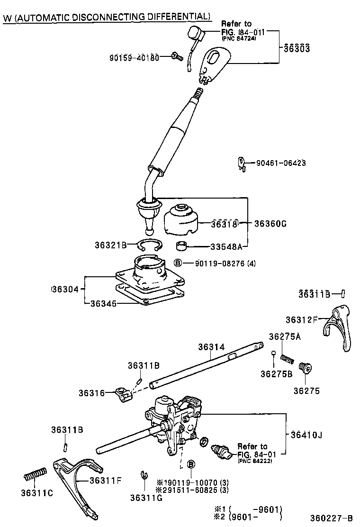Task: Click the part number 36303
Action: [297, 48]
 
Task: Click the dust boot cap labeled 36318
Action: [180, 219]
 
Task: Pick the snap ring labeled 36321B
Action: [150, 245]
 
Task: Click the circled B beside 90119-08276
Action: [177, 263]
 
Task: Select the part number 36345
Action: [103, 302]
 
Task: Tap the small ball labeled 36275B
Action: [273, 353]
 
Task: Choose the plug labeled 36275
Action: [304, 368]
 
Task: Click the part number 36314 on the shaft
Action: [211, 347]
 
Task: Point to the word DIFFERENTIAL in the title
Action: [176, 17]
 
